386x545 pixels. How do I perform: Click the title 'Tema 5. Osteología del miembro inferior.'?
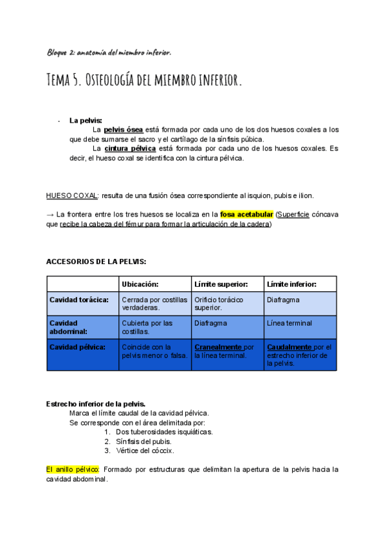(145, 81)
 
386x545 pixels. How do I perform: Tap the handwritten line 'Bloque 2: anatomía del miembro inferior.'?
(109, 51)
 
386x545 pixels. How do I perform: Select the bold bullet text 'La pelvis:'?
(86, 120)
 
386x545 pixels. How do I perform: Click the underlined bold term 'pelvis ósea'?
(125, 130)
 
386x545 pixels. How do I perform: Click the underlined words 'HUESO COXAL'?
(71, 195)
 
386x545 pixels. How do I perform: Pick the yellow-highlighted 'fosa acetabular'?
(247, 214)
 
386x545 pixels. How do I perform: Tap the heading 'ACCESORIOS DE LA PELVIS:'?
(96, 262)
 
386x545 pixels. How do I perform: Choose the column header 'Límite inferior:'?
(291, 283)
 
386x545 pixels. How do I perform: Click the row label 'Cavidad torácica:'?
(79, 299)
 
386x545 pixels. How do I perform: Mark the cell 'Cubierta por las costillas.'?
(147, 327)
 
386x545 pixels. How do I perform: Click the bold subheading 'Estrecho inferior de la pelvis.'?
(96, 404)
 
